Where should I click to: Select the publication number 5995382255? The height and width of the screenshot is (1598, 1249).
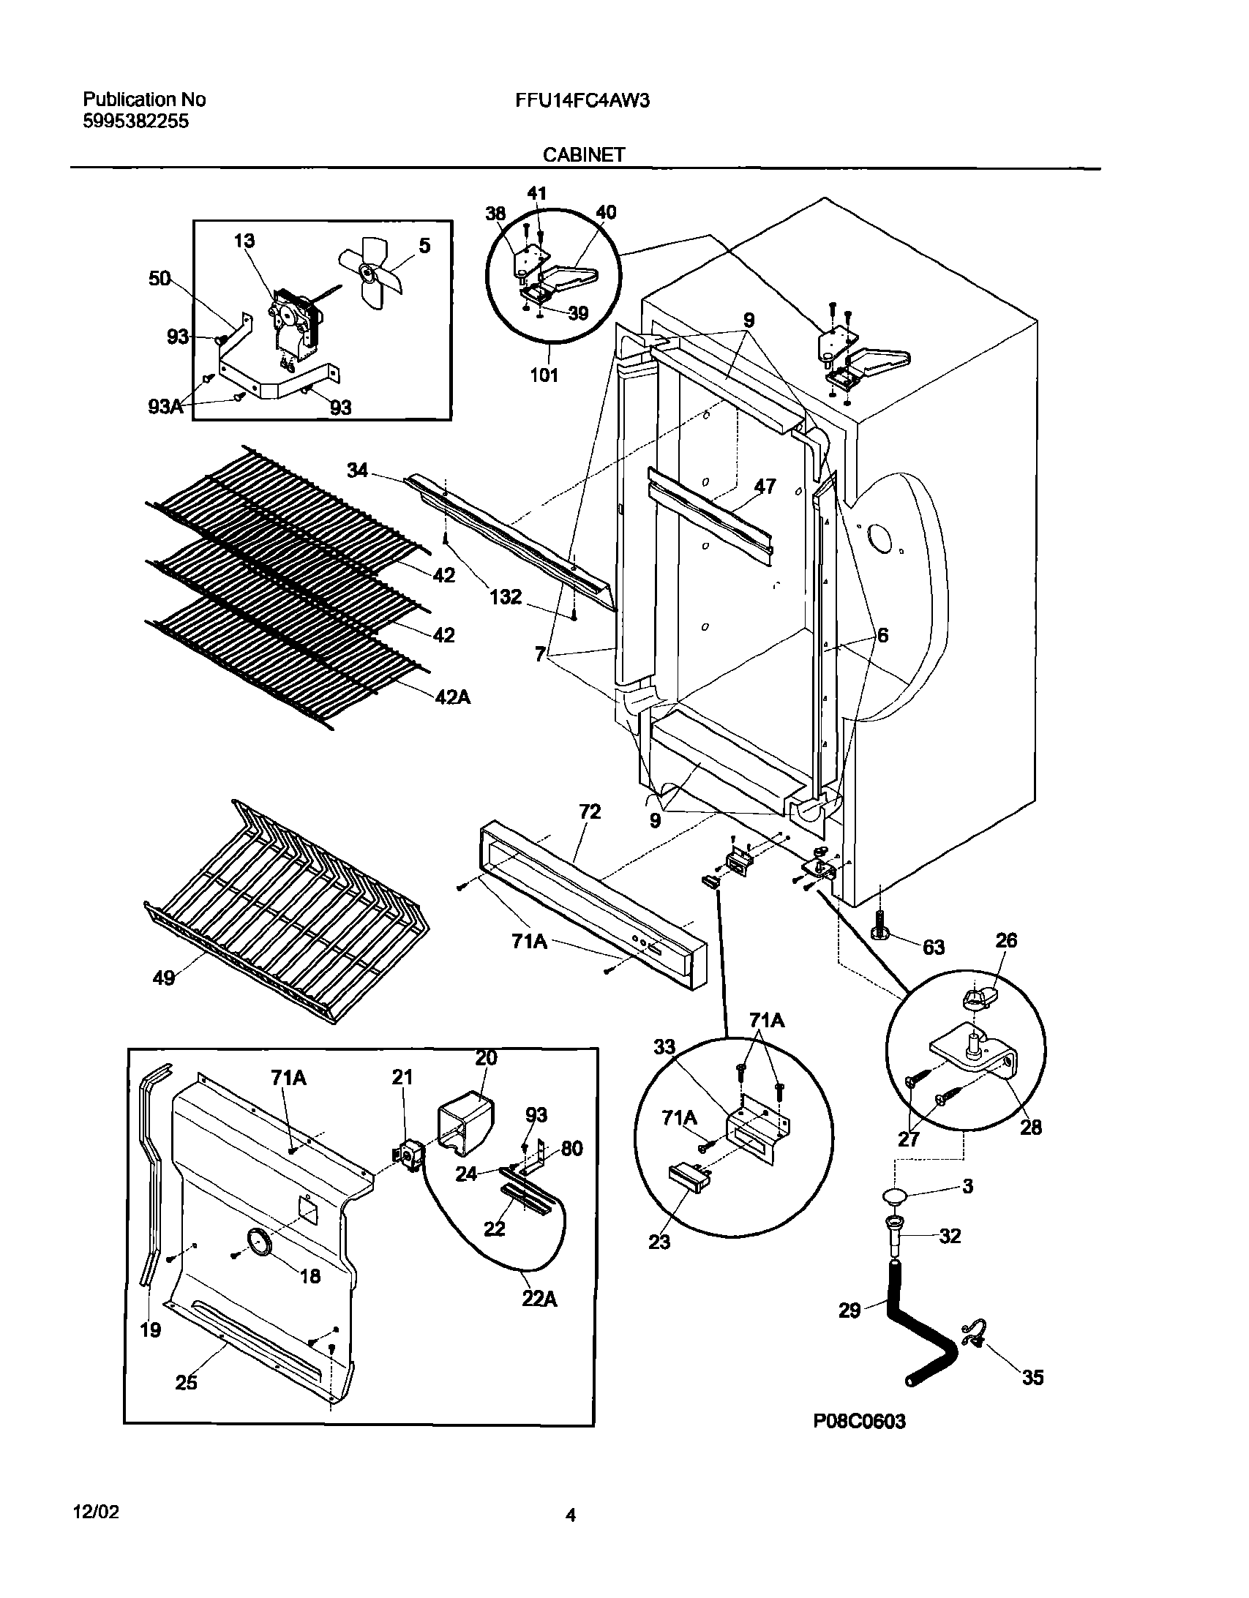coord(135,121)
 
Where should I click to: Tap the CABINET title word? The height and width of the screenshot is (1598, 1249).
coord(583,154)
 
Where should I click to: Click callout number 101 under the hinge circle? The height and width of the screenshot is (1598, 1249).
coord(544,375)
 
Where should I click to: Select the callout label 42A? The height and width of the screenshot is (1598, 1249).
coord(452,697)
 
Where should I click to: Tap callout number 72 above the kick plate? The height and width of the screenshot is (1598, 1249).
coord(589,811)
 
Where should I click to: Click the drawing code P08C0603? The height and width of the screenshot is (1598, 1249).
coord(859,1441)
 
